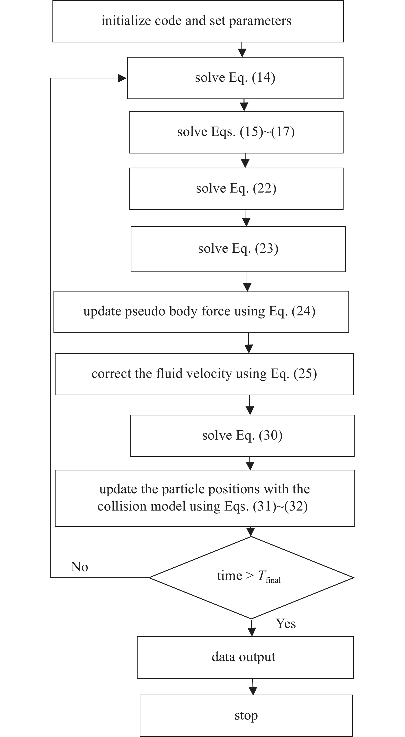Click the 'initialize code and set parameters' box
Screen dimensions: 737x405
(198, 21)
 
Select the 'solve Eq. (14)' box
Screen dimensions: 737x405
(235, 78)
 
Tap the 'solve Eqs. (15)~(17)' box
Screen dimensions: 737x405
(236, 132)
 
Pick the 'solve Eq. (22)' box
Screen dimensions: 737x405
(236, 188)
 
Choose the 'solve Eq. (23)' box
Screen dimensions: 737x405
(238, 249)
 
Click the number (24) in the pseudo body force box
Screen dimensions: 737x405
(303, 311)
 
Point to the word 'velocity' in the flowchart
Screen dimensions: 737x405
(212, 374)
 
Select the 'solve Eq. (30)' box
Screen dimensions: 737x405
(242, 435)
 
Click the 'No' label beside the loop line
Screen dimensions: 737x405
(79, 567)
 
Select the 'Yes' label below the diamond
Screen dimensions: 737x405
(285, 624)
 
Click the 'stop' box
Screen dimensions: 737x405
(246, 715)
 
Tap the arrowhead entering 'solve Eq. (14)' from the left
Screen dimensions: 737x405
(122, 78)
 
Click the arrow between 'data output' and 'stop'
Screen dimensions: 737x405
(253, 687)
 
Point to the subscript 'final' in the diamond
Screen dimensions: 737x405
(273, 580)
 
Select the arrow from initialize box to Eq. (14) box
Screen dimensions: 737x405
(242, 50)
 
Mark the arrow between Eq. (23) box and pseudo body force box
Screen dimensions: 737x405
(247, 282)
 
